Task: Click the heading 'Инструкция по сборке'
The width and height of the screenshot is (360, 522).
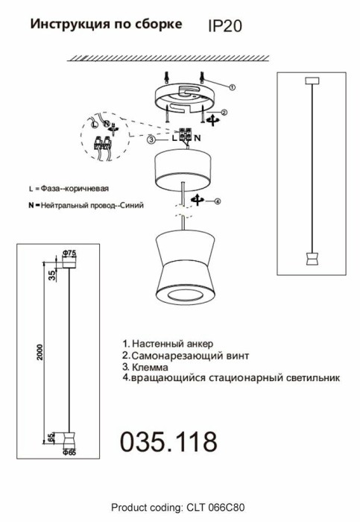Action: (x=105, y=25)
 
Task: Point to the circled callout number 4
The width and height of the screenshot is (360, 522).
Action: (x=217, y=200)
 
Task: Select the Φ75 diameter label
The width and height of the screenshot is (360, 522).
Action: (x=69, y=254)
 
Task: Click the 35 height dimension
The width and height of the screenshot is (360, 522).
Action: (x=51, y=274)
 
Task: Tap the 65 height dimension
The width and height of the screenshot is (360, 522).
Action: (x=51, y=437)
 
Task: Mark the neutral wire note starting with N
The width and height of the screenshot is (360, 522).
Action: (x=85, y=204)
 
